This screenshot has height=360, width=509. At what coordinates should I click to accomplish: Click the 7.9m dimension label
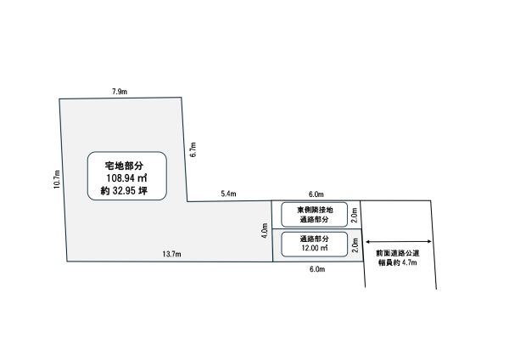click(x=120, y=92)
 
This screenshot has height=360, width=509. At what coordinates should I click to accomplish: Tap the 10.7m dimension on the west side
click(x=57, y=179)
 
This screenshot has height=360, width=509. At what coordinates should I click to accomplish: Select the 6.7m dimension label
click(x=193, y=149)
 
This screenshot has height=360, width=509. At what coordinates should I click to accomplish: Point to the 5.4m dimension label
click(x=228, y=194)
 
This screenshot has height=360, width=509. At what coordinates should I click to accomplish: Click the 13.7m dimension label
click(x=171, y=254)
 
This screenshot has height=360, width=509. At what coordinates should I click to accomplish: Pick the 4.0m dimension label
click(x=265, y=230)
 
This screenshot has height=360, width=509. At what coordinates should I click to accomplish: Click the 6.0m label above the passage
click(x=316, y=194)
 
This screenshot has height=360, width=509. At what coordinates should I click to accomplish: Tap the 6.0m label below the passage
click(x=317, y=269)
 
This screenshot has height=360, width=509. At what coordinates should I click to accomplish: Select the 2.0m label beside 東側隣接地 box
click(x=355, y=215)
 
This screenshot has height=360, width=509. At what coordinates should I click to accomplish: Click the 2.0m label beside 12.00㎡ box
click(x=355, y=245)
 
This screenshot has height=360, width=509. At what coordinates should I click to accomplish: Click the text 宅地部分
click(x=124, y=166)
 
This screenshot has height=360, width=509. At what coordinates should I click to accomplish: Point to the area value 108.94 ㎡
click(x=126, y=178)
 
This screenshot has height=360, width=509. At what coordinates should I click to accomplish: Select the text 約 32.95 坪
click(x=124, y=190)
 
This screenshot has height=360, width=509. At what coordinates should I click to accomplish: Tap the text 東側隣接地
click(x=315, y=210)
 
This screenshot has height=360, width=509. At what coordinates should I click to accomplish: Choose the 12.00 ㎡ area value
click(x=315, y=248)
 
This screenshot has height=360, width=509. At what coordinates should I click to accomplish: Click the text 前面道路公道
click(x=398, y=253)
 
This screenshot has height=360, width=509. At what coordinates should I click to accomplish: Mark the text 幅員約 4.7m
click(x=398, y=262)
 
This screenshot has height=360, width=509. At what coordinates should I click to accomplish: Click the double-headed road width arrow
click(x=399, y=241)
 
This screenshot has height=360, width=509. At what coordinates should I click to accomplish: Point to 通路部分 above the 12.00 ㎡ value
click(x=314, y=239)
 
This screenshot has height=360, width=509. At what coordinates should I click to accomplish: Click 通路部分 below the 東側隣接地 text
click(x=314, y=219)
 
